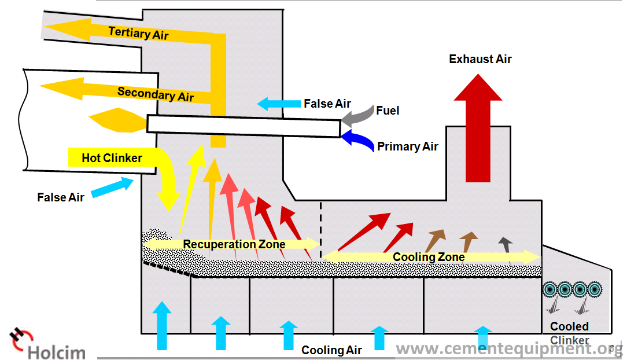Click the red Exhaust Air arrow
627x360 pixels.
point(478,128)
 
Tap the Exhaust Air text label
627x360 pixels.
point(480,59)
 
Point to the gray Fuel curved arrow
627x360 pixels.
point(357,116)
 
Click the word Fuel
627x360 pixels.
point(388,111)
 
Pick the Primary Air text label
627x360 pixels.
point(407,146)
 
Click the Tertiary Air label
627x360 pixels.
point(138,33)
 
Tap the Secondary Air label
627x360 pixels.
point(156,94)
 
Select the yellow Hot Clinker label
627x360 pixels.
point(112,158)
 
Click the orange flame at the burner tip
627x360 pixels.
point(117,120)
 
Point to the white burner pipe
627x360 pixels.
point(244,126)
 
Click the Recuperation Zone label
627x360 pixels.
point(234,244)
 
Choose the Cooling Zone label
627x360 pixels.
point(429,257)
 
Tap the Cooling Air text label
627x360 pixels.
point(331,350)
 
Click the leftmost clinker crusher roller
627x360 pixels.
point(550,289)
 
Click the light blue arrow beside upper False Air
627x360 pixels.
point(279,104)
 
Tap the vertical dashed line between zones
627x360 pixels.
point(320,230)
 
